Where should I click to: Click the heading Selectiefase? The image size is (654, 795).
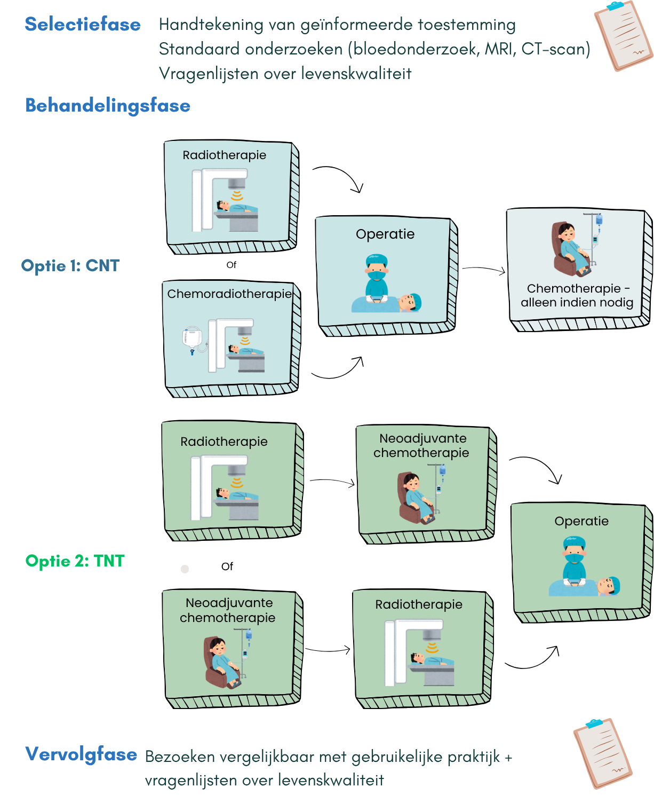pos(83,25)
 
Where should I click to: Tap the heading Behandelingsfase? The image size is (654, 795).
pos(108,106)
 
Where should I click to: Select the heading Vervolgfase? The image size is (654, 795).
pos(81,754)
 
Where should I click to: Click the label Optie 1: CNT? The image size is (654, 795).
pos(70,265)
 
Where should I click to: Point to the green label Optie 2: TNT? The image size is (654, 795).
pos(75,561)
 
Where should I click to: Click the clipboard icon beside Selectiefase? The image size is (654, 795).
pos(623,35)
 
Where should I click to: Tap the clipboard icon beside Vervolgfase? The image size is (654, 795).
pos(603,753)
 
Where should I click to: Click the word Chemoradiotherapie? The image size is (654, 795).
pos(229,294)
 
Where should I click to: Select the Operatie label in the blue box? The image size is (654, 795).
pos(385,234)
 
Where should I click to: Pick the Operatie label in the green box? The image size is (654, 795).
pos(581,521)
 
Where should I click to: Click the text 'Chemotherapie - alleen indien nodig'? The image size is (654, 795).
pos(577,295)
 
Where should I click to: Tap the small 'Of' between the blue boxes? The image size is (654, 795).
pos(231,265)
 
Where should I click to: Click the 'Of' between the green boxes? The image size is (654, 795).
pos(227,566)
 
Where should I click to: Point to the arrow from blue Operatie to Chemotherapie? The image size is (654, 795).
pos(483,270)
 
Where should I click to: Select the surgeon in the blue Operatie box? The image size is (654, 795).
pos(377,278)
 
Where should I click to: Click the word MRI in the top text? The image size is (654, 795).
pos(499,49)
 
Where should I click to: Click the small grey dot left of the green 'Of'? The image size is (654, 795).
pos(185,569)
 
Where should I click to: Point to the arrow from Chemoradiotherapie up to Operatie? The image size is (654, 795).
pos(338,371)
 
